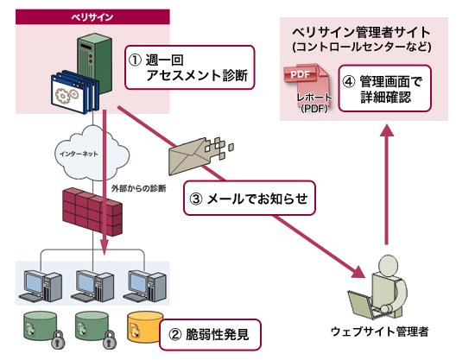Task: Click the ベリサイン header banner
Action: (x=92, y=16)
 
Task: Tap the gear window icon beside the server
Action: (x=74, y=92)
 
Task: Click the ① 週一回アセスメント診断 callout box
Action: (x=190, y=67)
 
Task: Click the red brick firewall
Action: (x=92, y=212)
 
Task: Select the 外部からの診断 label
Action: (x=139, y=188)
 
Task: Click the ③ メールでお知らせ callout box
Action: (x=250, y=199)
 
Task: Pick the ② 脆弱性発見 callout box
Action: (x=210, y=335)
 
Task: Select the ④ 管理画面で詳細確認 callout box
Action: (x=384, y=88)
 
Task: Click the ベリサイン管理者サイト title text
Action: (x=362, y=32)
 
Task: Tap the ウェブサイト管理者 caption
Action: (x=380, y=332)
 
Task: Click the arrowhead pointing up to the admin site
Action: (x=387, y=130)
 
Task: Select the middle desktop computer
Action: (x=92, y=286)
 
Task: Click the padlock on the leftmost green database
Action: (x=58, y=340)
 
